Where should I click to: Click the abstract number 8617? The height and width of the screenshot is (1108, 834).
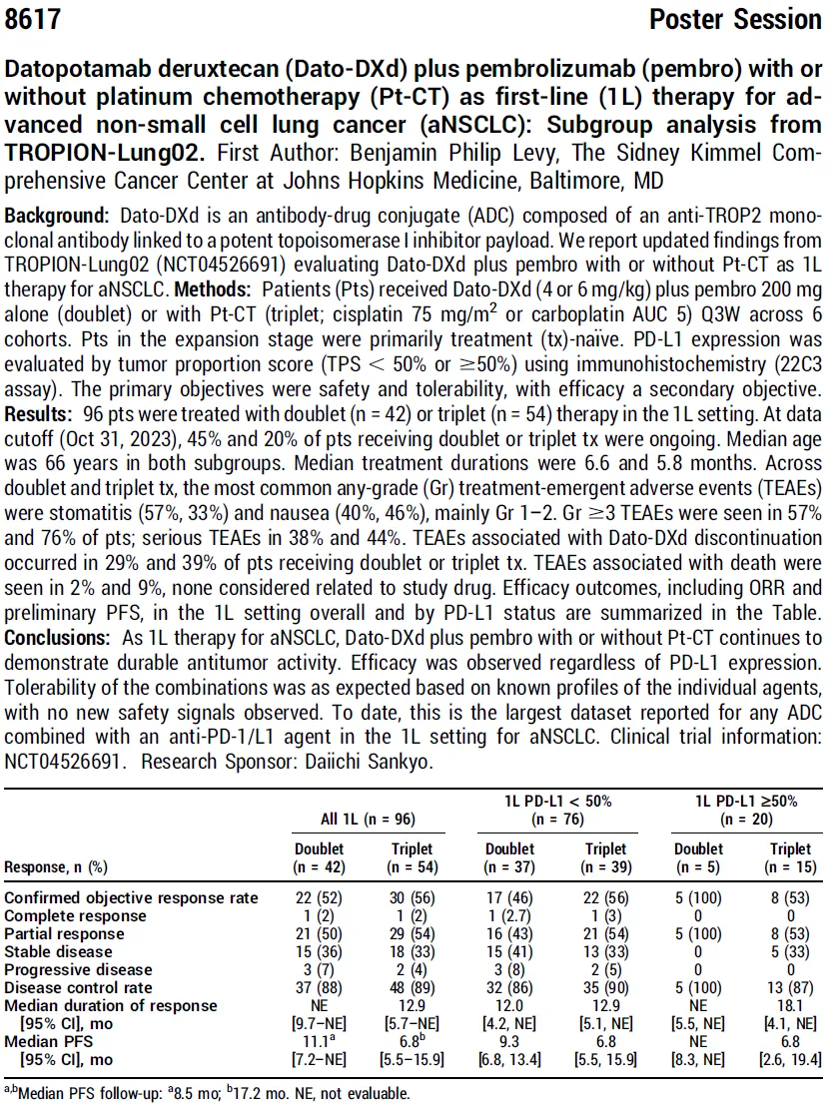point(33,19)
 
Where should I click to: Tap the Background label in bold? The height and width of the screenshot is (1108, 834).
point(56,217)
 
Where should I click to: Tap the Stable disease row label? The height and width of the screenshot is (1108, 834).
point(61,951)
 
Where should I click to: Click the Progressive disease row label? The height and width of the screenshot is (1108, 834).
point(79,969)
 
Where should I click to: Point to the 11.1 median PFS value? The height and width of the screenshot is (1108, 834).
point(317,1040)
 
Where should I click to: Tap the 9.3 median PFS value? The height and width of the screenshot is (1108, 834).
point(509,1040)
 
